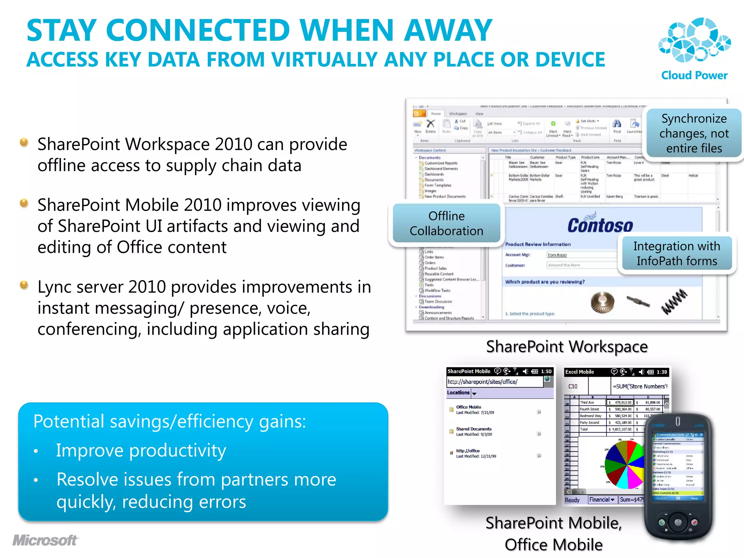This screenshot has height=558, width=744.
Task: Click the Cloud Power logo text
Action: click(x=694, y=75)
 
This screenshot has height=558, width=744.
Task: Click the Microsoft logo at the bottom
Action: click(x=45, y=540)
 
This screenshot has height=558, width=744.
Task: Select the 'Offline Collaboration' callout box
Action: click(x=446, y=223)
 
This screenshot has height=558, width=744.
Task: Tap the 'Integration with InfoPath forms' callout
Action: click(x=677, y=254)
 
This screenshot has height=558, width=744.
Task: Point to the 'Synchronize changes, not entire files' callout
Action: click(x=694, y=133)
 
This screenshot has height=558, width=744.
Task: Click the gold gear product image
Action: click(x=602, y=302)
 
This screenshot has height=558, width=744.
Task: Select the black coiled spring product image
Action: click(x=674, y=302)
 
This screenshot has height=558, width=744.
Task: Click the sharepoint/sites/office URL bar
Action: click(x=494, y=382)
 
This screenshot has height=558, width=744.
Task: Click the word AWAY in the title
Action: click(x=448, y=31)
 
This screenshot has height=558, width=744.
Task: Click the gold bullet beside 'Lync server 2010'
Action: click(x=24, y=285)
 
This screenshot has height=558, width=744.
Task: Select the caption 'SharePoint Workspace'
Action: click(x=567, y=347)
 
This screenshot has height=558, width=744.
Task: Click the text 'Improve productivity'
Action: click(x=141, y=450)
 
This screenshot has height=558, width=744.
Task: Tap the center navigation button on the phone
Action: click(x=678, y=523)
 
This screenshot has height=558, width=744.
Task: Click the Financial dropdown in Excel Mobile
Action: click(x=602, y=500)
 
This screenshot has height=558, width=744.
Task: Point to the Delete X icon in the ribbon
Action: click(x=430, y=124)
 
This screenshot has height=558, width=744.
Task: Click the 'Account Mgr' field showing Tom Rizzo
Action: click(x=581, y=255)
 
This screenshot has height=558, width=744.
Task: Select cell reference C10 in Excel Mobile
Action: click(x=573, y=387)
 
